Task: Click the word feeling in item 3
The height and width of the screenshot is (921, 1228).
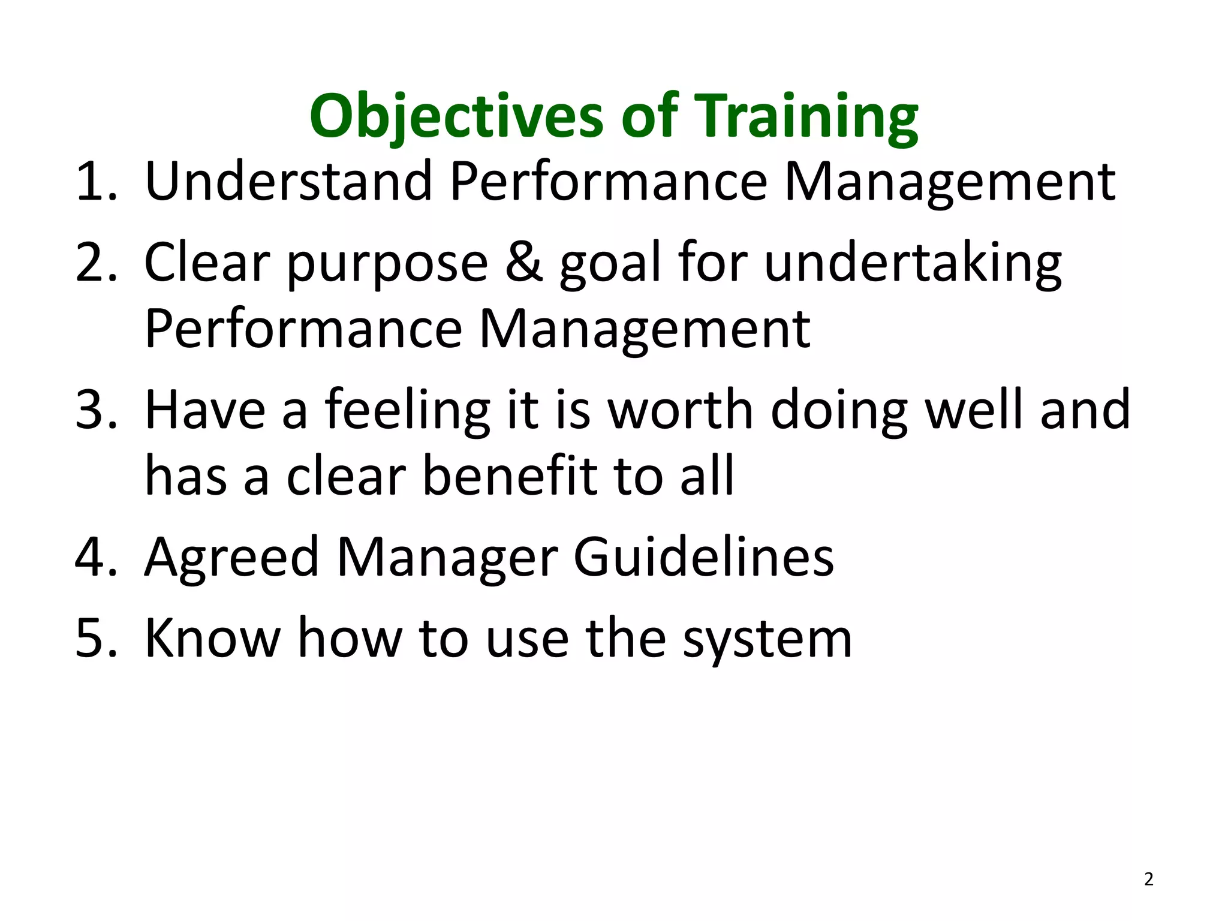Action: [408, 411]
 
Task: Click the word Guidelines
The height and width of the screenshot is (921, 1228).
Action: [703, 558]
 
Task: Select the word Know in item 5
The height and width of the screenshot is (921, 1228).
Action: [213, 639]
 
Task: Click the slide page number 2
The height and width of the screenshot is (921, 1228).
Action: [1148, 879]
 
